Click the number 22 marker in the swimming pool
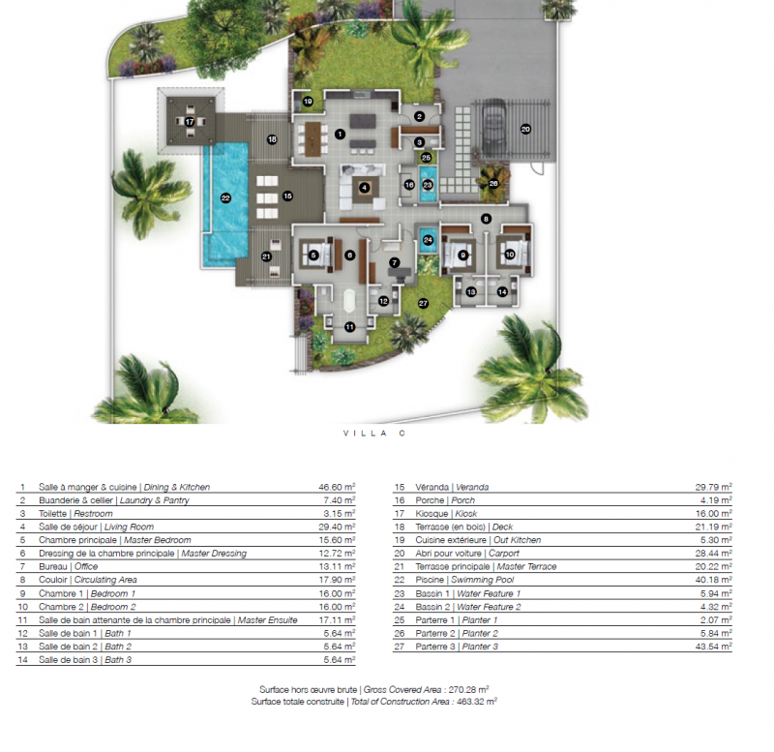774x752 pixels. point(225,198)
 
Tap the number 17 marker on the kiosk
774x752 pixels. point(190,122)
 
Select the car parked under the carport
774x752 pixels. point(493,127)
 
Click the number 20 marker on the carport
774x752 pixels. point(525,130)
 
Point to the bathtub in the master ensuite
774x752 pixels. point(349,300)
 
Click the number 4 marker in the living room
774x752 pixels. point(365,188)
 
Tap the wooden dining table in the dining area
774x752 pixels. point(313,139)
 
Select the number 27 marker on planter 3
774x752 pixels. point(423,303)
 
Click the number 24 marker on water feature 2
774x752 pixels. point(428,240)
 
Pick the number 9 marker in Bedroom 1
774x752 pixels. point(462,255)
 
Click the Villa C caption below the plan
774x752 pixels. point(374,434)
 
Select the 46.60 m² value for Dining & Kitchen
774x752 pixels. point(337,487)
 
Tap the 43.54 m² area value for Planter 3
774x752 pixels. point(713,646)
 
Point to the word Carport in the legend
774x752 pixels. point(503,553)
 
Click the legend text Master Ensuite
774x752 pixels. point(268,619)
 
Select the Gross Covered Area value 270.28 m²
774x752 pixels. point(468,689)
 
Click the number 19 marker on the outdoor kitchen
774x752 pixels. point(308,102)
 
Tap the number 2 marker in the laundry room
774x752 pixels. point(420,116)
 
